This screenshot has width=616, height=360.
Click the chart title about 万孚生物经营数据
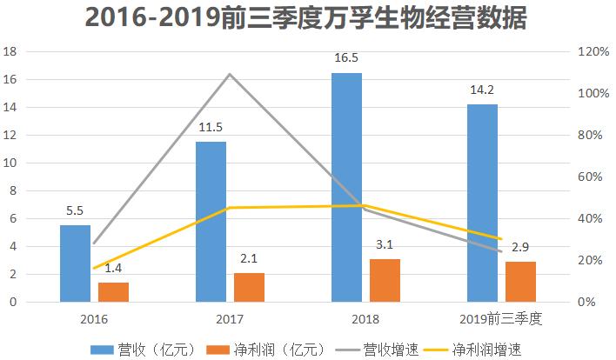307,19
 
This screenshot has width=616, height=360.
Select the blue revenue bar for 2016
75,263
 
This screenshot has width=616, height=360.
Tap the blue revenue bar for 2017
211,222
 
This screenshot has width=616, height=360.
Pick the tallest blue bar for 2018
346,187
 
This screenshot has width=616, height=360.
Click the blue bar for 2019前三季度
482,203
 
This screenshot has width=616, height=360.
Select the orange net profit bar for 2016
113,292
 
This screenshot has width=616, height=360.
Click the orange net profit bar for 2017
249,288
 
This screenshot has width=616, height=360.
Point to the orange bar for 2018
385,280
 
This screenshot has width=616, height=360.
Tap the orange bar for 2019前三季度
520,282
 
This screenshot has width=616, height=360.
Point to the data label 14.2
482,94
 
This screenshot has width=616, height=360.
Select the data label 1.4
113,269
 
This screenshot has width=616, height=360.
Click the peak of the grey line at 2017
230,74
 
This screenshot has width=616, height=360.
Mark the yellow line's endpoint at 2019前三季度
501,238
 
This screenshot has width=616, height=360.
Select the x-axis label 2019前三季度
501,319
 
